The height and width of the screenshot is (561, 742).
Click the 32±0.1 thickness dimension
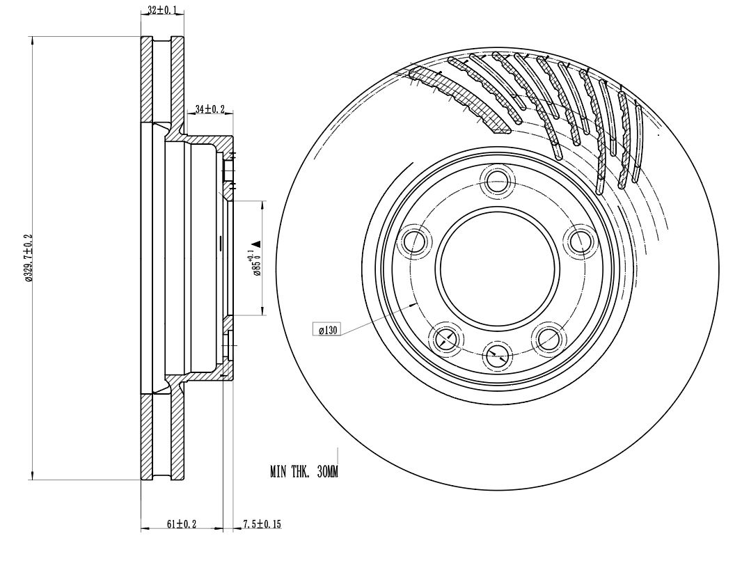162,10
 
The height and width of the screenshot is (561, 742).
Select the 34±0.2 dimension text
210,109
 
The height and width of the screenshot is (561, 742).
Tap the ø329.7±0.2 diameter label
28,258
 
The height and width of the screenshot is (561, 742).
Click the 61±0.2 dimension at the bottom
182,523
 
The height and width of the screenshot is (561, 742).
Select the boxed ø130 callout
327,331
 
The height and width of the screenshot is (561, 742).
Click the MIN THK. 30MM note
303,473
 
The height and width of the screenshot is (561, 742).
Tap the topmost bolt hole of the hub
497,180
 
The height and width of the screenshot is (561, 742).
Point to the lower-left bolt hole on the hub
445,338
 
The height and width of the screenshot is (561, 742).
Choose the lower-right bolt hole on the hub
548,338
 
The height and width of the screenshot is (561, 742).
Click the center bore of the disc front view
497,267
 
